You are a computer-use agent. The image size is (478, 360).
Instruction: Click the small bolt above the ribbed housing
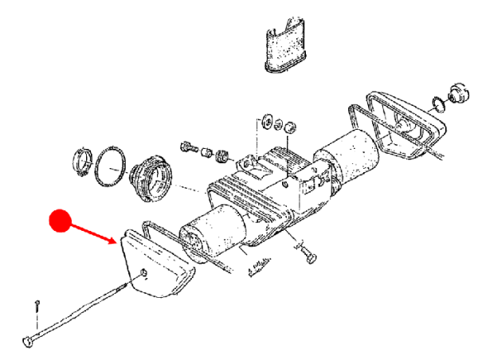click(189, 148)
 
